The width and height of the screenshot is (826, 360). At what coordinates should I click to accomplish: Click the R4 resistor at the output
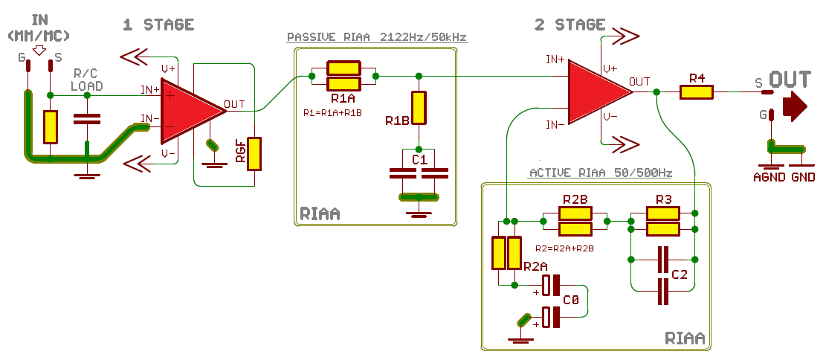(697, 92)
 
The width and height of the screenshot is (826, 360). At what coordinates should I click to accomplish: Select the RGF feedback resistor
(255, 153)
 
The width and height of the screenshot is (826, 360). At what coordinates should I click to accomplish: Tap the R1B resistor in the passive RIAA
(419, 108)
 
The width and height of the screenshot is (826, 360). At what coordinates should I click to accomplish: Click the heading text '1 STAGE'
(158, 25)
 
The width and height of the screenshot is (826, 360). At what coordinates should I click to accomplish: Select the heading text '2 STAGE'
(570, 25)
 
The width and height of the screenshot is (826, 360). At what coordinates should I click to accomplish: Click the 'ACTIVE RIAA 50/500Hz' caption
(600, 173)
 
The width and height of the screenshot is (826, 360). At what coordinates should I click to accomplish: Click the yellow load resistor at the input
(50, 126)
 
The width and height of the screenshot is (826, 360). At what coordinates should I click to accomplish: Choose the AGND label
(769, 178)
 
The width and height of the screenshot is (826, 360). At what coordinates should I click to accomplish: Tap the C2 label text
(680, 275)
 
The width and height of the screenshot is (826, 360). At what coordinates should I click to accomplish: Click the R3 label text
(664, 199)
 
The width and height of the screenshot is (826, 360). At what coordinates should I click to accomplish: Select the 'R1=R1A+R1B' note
(332, 113)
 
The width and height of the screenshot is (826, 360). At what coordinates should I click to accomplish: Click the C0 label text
(571, 300)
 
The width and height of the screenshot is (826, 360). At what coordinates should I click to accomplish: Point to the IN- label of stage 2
(555, 125)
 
